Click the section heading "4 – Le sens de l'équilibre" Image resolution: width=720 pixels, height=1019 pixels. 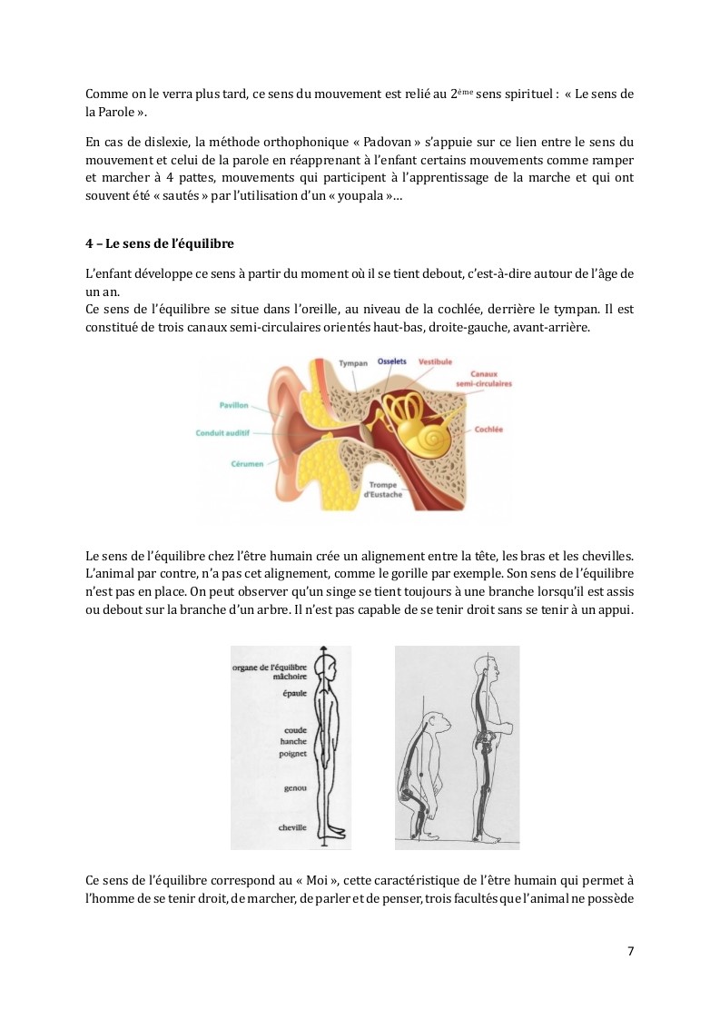coord(160,243)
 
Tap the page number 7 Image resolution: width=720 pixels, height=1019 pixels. coord(631,951)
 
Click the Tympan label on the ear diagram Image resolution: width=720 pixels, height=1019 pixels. coord(352,363)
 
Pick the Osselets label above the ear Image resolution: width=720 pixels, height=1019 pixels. coord(392,361)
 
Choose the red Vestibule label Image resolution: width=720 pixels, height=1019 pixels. coord(435,361)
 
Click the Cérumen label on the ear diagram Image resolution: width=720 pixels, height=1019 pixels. coord(247,464)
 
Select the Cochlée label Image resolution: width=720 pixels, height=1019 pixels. coord(488,429)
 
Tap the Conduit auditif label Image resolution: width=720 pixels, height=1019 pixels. coord(222,433)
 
